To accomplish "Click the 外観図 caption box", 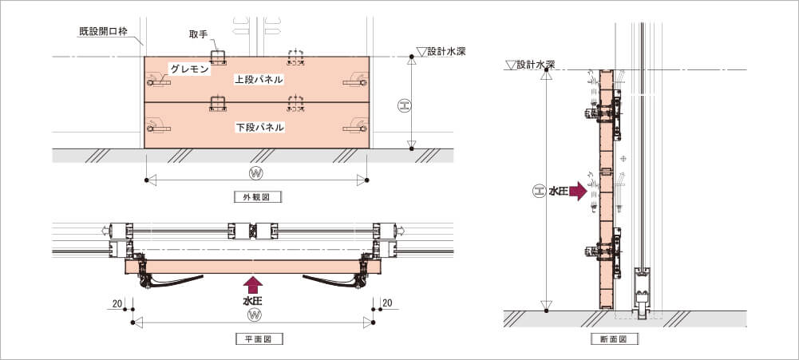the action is click(258, 197).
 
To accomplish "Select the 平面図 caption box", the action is click(260, 338).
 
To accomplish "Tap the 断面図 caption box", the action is click(615, 338).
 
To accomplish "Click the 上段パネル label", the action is click(259, 80).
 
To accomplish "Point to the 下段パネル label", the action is click(259, 128).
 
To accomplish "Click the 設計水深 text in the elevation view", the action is click(446, 51).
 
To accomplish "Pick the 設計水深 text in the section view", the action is click(535, 65).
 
